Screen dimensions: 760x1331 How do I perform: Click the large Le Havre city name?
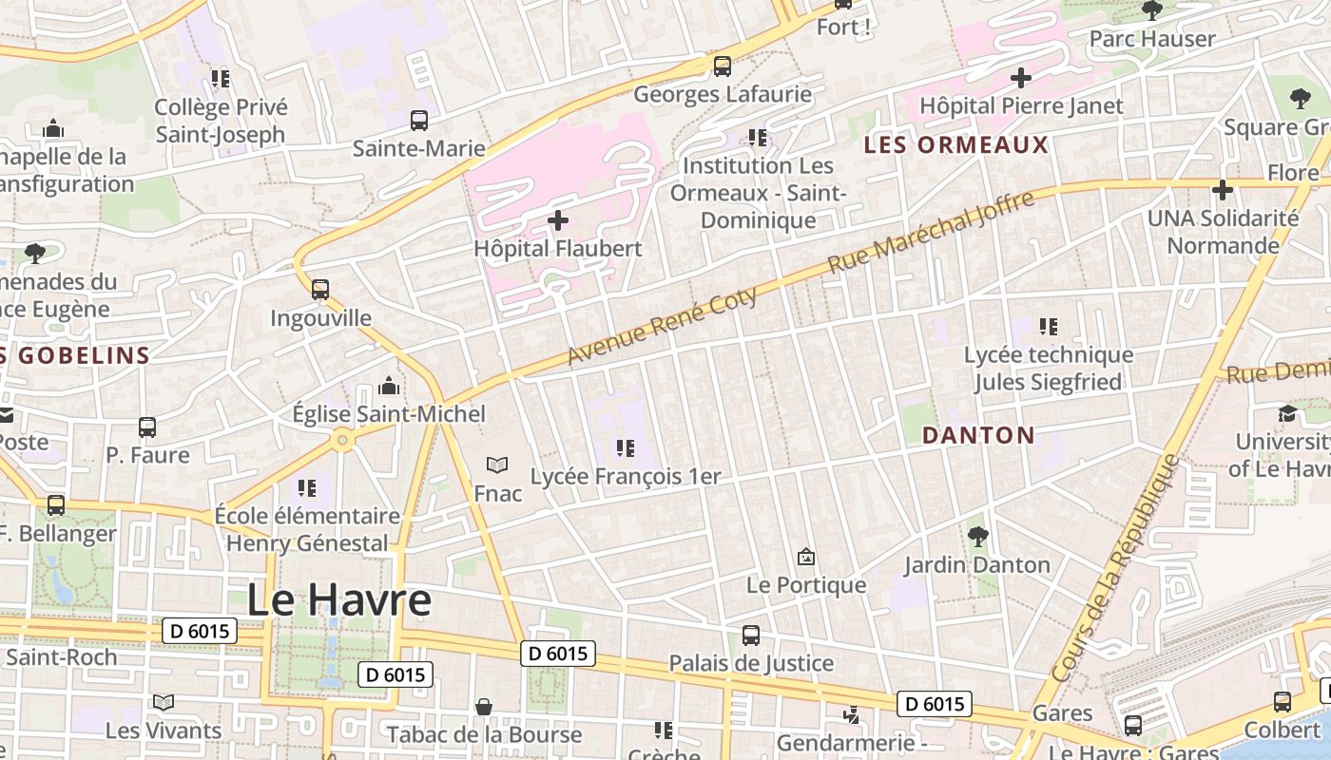338,600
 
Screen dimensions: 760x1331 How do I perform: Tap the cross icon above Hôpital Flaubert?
558,221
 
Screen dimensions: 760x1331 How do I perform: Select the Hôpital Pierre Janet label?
1021,105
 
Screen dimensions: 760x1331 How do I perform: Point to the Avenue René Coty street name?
663,325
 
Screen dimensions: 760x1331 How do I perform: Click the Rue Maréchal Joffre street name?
931,232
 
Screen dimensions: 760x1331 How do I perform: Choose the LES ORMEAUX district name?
956,145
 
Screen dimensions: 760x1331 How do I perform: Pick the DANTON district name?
978,436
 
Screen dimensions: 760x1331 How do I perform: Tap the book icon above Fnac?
497,465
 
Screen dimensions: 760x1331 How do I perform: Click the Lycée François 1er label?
626,476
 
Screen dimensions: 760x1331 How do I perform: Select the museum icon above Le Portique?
806,557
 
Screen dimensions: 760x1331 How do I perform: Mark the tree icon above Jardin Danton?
977,537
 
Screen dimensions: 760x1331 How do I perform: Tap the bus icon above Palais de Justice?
751,635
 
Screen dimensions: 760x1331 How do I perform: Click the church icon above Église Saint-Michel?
388,386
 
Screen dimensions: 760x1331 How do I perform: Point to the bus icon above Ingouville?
320,289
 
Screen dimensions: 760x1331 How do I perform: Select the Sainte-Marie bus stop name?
418,148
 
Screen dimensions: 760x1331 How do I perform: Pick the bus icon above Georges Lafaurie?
723,66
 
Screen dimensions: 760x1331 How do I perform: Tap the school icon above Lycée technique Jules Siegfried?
1048,327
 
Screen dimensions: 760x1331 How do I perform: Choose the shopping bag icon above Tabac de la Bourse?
484,707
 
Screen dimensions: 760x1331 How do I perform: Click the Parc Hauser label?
1152,39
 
